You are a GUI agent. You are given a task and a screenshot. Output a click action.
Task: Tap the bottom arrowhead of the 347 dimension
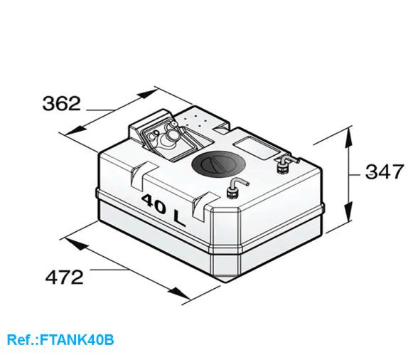[348, 216]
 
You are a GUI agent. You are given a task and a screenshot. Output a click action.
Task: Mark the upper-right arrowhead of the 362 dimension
[150, 92]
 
